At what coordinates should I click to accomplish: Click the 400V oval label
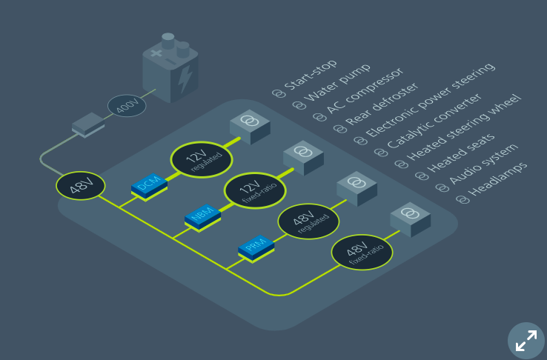click(x=127, y=105)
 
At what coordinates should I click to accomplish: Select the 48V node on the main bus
click(x=81, y=186)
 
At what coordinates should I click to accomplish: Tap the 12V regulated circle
click(x=202, y=159)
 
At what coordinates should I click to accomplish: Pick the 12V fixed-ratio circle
click(x=255, y=190)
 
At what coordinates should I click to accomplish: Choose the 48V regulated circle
click(x=308, y=221)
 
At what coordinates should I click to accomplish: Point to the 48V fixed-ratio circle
click(x=362, y=253)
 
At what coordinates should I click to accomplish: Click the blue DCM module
click(x=149, y=187)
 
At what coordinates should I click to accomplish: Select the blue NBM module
click(x=202, y=218)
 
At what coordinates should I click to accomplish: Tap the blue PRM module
click(x=256, y=248)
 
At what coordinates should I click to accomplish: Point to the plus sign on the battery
click(x=156, y=53)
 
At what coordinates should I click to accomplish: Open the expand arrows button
click(x=526, y=341)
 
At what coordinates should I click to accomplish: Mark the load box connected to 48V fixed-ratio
click(x=411, y=219)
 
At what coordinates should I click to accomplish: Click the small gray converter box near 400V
click(x=88, y=124)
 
